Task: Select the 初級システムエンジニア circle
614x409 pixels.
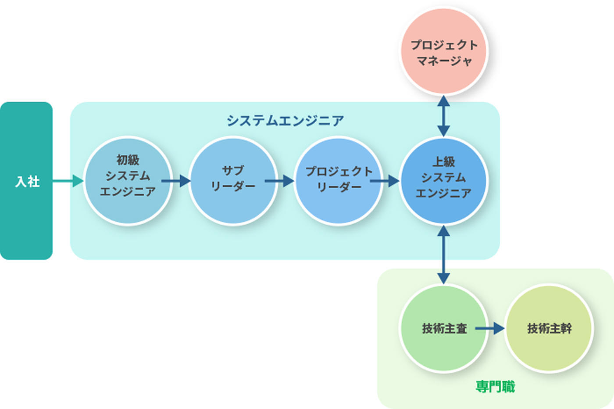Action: [128, 206]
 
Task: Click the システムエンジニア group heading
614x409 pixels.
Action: [285, 120]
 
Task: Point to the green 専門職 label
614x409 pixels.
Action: [495, 387]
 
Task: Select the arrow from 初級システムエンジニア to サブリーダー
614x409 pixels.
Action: [176, 181]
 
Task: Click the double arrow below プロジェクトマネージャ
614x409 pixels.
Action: [443, 116]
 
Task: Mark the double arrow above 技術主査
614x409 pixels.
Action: [443, 255]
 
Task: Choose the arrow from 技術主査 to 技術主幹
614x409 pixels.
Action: [490, 328]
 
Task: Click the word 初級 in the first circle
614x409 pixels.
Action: [128, 160]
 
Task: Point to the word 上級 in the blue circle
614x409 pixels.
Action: [443, 161]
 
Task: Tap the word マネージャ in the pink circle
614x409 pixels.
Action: [443, 61]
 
